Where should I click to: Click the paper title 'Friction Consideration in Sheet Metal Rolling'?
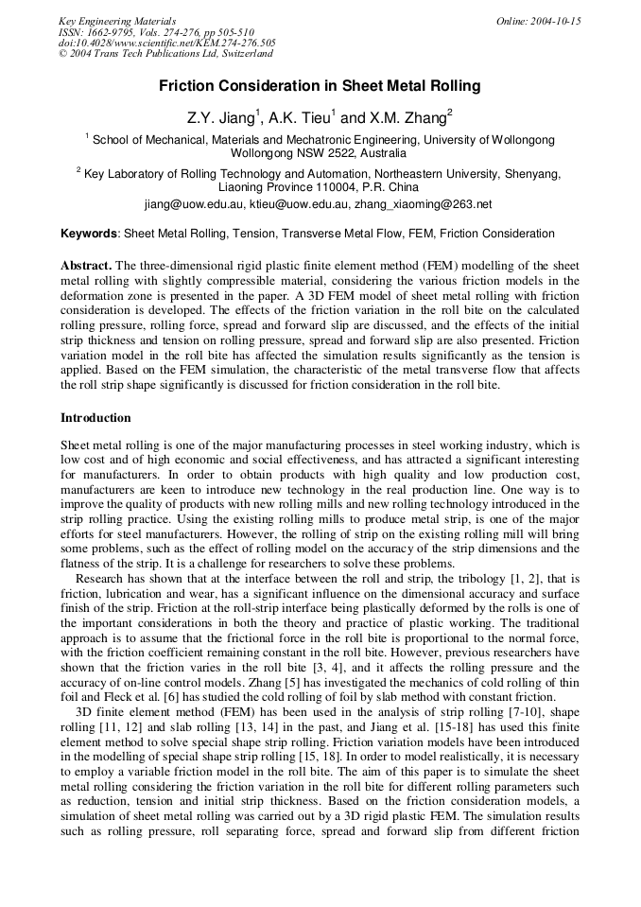(x=320, y=86)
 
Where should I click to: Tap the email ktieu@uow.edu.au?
(x=301, y=203)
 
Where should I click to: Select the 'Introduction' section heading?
(x=95, y=418)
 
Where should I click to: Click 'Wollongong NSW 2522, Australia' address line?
(x=320, y=152)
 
